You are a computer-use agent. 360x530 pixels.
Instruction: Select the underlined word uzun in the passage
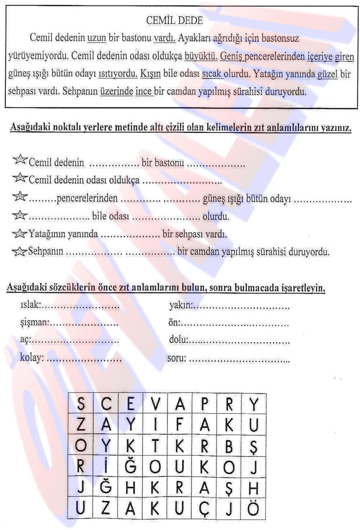click(97, 38)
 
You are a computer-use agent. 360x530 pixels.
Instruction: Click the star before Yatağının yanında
click(19, 234)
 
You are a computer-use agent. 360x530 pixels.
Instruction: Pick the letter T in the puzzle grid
click(156, 447)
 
